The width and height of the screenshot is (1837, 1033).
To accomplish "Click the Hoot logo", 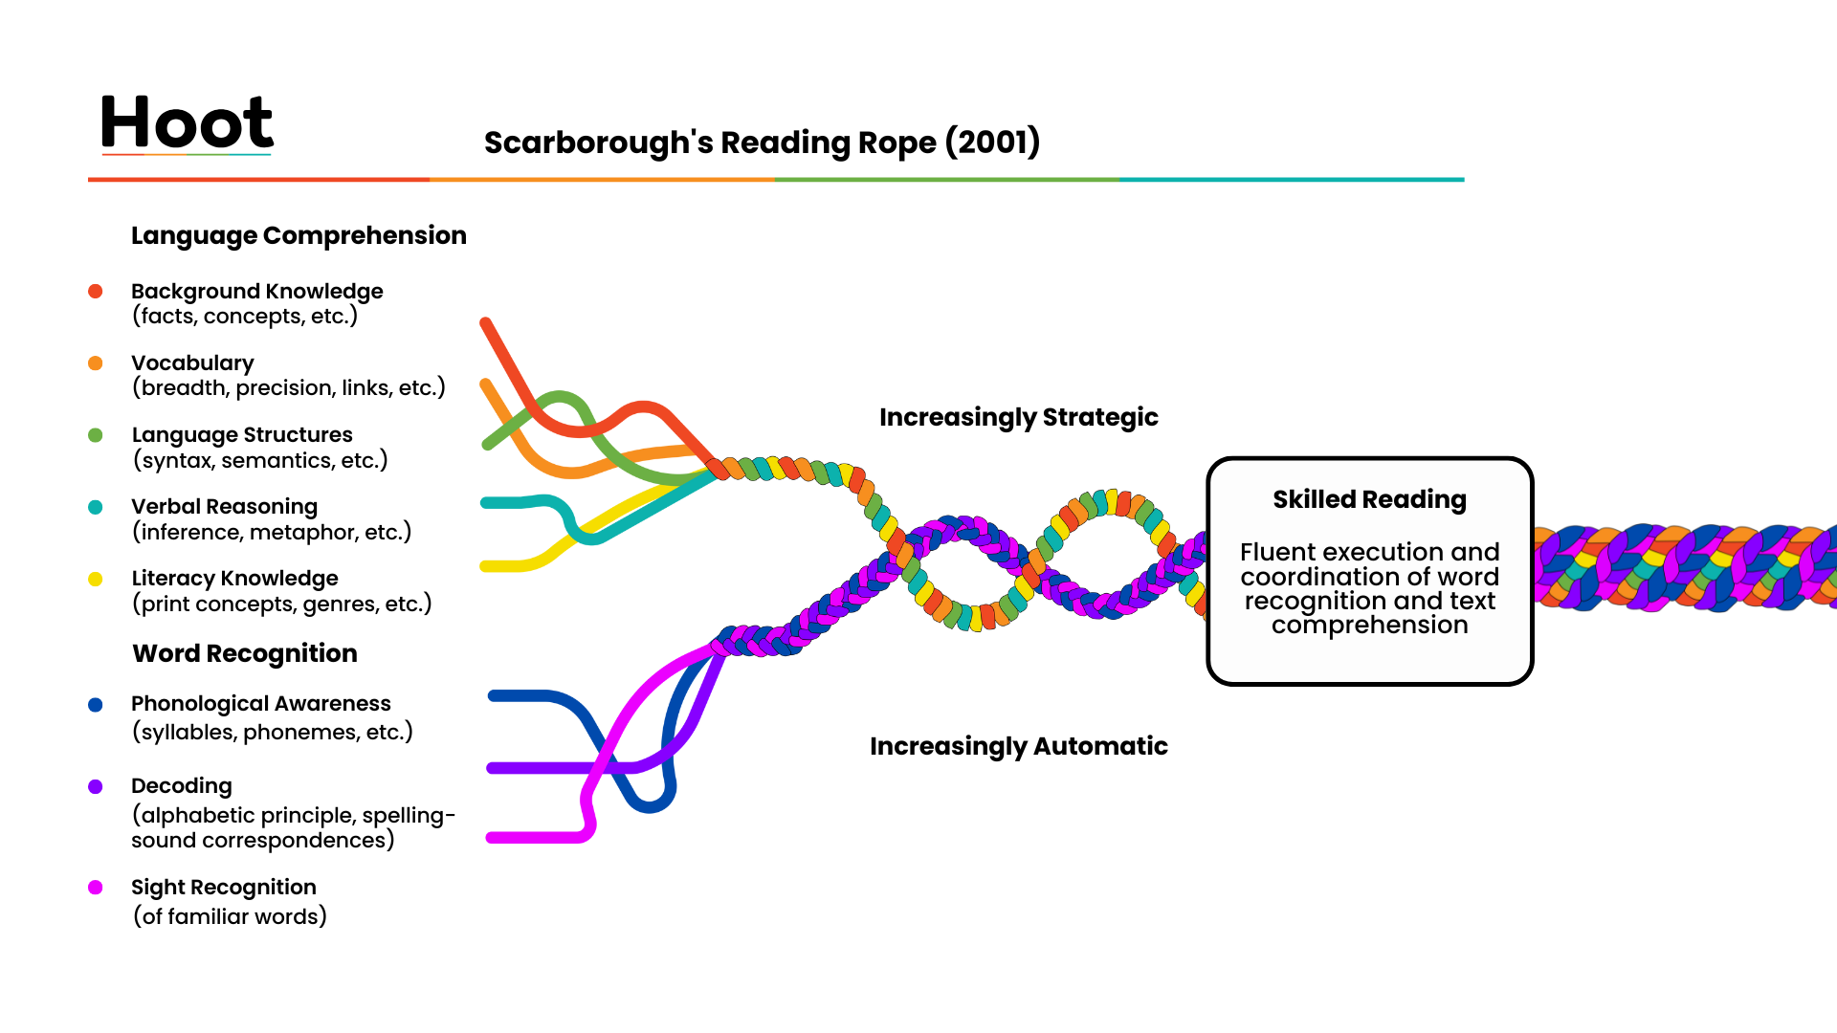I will tap(187, 122).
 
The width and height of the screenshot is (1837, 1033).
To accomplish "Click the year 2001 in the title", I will tap(992, 143).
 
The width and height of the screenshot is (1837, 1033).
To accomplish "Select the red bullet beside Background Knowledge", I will tap(96, 292).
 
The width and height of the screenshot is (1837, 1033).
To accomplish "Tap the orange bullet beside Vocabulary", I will tap(96, 363).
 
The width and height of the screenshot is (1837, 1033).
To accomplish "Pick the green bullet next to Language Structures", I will tap(96, 435).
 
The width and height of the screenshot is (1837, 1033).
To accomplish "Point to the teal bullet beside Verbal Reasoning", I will tap(96, 507).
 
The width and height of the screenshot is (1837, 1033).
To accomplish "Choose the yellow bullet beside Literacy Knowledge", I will tap(96, 579).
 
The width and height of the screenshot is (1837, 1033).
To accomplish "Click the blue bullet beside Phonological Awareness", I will tap(96, 705).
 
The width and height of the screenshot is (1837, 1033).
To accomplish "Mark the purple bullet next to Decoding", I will tap(96, 786).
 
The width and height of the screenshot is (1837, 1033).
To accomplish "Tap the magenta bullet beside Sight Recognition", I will tap(96, 888).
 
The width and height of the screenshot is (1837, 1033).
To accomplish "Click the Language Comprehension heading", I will tap(299, 236).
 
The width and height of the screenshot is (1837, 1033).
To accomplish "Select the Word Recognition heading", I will tap(245, 653).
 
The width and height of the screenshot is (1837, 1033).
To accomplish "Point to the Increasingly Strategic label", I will tap(1018, 418).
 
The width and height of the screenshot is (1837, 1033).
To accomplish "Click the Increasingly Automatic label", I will tap(1018, 746).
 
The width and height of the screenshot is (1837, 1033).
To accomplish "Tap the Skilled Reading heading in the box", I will tap(1369, 499).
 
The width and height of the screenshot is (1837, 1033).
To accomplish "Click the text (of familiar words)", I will tap(230, 916).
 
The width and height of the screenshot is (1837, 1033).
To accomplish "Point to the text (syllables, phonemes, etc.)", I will tap(272, 733).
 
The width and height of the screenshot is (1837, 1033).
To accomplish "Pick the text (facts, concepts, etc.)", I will tap(244, 317).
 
